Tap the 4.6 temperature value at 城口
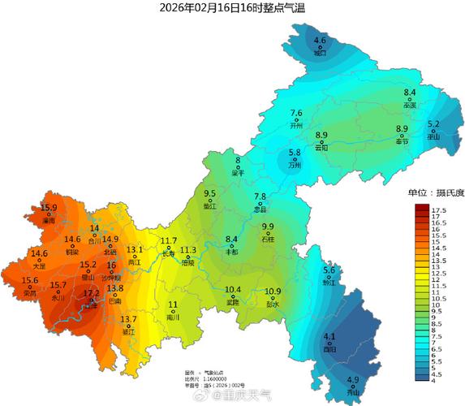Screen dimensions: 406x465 click(320, 40)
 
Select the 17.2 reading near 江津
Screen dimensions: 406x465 click(92, 293)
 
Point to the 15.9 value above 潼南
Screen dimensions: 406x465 click(49, 209)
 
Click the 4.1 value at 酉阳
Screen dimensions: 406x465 click(329, 337)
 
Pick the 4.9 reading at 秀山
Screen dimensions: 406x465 click(353, 380)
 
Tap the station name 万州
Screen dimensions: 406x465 click(295, 165)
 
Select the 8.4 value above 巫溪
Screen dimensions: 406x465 click(410, 93)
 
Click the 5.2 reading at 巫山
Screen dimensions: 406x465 click(433, 124)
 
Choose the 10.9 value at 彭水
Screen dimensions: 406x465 click(273, 292)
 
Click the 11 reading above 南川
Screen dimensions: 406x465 click(173, 304)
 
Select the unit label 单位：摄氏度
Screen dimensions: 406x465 click(436, 192)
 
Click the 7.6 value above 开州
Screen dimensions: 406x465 click(296, 114)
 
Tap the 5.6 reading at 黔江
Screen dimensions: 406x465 click(329, 270)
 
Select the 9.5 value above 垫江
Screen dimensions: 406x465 click(210, 194)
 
